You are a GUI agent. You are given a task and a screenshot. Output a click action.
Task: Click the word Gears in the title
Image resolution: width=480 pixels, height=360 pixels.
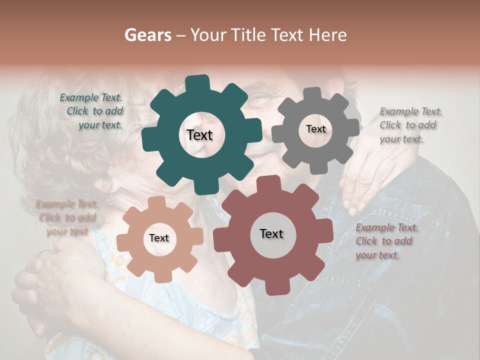147,35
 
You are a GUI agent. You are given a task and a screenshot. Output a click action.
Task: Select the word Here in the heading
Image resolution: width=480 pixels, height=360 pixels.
328,35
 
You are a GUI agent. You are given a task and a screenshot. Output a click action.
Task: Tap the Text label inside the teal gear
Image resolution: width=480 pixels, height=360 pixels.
199,135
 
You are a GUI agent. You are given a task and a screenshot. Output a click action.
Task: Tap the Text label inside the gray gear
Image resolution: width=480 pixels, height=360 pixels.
315,129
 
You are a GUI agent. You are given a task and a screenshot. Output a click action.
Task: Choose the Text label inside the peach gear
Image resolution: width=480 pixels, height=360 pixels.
159,238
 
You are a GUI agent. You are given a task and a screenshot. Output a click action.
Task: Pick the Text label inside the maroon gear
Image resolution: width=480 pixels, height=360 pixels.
271,233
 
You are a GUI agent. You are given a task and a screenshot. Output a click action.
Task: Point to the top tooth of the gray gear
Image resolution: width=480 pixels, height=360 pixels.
312,93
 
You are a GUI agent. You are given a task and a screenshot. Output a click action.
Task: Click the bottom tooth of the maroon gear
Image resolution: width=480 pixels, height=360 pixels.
274,287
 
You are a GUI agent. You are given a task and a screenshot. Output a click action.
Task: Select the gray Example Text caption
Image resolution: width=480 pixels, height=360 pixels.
410,125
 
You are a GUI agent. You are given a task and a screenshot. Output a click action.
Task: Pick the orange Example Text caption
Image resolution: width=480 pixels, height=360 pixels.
66,217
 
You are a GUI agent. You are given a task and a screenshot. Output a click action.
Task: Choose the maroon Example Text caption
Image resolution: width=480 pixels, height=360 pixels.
386,241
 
